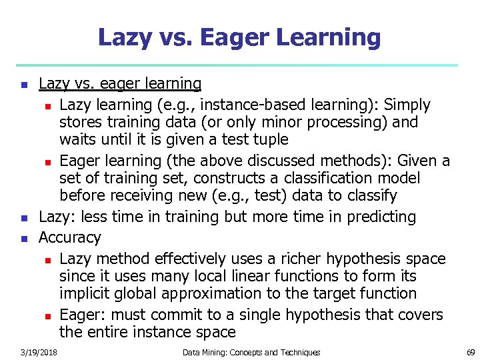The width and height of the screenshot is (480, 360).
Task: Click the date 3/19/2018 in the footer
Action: point(38,352)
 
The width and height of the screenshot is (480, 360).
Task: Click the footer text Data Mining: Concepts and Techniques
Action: point(251,352)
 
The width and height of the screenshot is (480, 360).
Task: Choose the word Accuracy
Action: point(69,238)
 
